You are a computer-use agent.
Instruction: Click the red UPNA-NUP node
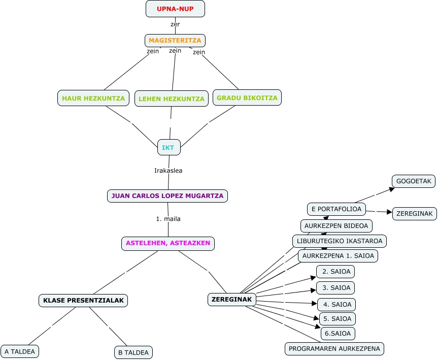(175, 9)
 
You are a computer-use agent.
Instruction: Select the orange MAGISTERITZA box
(175, 41)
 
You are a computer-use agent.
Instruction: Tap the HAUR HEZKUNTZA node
(93, 98)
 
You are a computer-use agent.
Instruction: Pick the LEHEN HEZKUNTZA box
(172, 99)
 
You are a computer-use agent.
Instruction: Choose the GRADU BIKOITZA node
(247, 98)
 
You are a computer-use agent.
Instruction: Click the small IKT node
(169, 147)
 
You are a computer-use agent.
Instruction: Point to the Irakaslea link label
(168, 171)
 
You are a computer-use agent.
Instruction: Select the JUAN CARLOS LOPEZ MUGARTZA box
(167, 196)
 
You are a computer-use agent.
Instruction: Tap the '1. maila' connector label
(168, 219)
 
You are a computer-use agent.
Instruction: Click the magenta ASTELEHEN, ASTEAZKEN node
(168, 243)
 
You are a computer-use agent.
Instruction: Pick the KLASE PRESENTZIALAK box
(83, 301)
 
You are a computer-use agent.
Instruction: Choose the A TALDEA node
(20, 351)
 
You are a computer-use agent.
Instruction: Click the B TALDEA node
(133, 352)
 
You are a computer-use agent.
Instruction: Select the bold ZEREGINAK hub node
(232, 300)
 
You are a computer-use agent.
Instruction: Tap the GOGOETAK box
(414, 181)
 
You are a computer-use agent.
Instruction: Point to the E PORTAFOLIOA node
(336, 209)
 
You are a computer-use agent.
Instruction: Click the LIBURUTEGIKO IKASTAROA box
(340, 241)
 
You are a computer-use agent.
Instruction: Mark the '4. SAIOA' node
(336, 305)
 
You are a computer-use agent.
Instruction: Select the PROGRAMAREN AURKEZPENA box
(334, 348)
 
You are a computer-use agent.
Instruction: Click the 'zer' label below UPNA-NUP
(175, 24)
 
